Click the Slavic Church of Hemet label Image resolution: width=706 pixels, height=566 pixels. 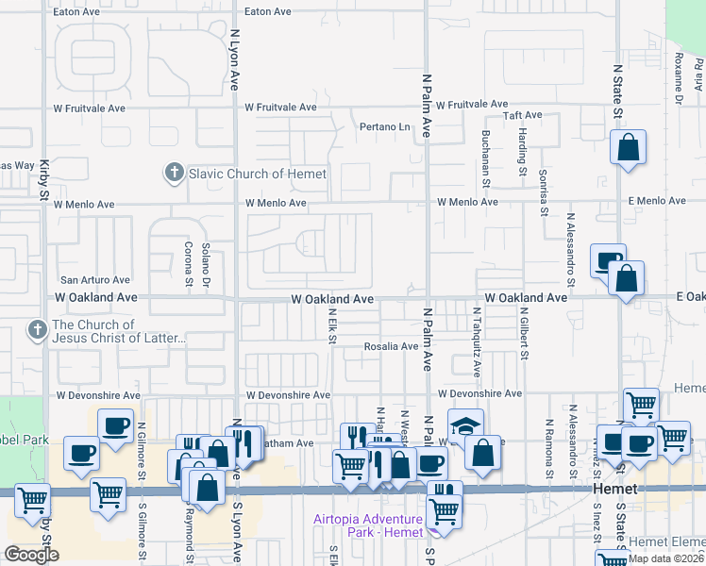point(257,174)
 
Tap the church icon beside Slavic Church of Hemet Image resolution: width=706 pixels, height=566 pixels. point(173,173)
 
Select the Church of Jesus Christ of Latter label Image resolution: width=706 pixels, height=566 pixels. point(120,331)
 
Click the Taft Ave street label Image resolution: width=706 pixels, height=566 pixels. point(522,115)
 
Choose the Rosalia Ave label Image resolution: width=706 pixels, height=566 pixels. point(391,346)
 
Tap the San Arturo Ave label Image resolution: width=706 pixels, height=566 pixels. point(94,280)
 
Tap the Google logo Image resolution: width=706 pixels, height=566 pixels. point(31,555)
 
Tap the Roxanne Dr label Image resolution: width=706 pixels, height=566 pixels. point(679,77)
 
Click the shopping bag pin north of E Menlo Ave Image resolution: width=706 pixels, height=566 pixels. point(628,148)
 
